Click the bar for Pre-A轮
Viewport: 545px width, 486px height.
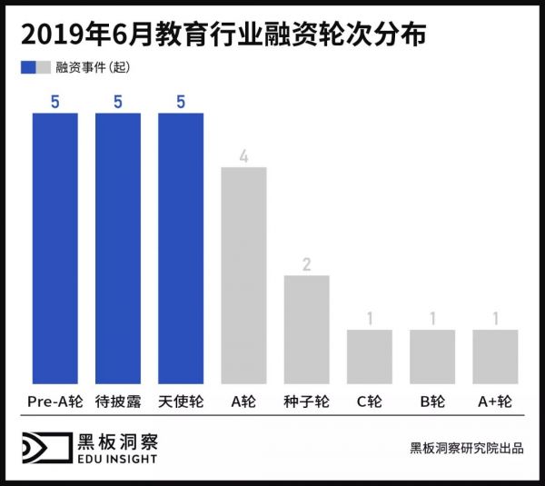tap(54, 249)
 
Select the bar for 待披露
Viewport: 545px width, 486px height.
tap(117, 249)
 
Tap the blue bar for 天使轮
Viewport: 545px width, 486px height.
tap(181, 249)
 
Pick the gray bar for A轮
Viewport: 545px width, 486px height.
tap(243, 276)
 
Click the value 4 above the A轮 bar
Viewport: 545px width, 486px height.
tap(243, 155)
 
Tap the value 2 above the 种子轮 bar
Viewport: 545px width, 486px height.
tap(307, 264)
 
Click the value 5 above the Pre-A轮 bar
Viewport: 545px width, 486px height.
tap(54, 102)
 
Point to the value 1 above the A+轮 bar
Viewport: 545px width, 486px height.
tap(495, 319)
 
